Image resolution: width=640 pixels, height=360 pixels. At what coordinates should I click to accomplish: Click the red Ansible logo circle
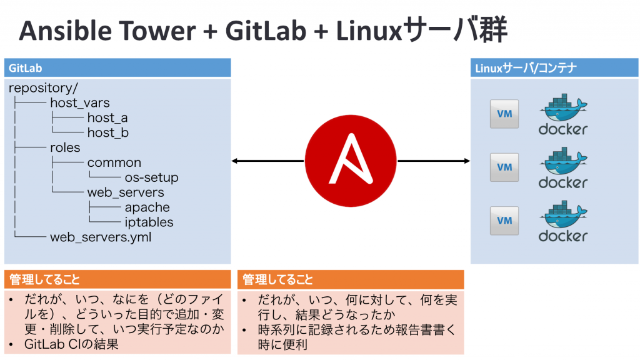[x=351, y=161]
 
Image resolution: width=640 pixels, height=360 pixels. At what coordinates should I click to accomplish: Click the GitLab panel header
[x=117, y=67]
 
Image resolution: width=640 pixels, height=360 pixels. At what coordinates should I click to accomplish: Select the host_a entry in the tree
[x=107, y=117]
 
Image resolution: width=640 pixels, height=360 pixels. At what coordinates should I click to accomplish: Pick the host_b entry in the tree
[x=107, y=132]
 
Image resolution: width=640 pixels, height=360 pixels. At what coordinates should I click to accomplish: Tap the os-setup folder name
[x=151, y=177]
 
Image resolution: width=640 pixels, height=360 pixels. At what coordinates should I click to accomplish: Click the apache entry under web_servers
[x=147, y=207]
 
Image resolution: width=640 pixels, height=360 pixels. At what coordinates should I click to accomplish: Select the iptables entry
[x=149, y=222]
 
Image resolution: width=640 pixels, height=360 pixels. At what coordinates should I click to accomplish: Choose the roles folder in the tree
[x=65, y=147]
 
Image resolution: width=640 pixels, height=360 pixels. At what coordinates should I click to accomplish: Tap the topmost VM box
[x=504, y=114]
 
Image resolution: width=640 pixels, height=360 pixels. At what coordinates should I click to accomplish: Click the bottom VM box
[x=504, y=220]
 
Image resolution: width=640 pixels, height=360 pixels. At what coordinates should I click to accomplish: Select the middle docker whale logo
[x=562, y=167]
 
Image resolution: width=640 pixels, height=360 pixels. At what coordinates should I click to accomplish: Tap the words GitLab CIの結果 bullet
[x=71, y=344]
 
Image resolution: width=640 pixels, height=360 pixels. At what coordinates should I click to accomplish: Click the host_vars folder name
[x=80, y=102]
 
